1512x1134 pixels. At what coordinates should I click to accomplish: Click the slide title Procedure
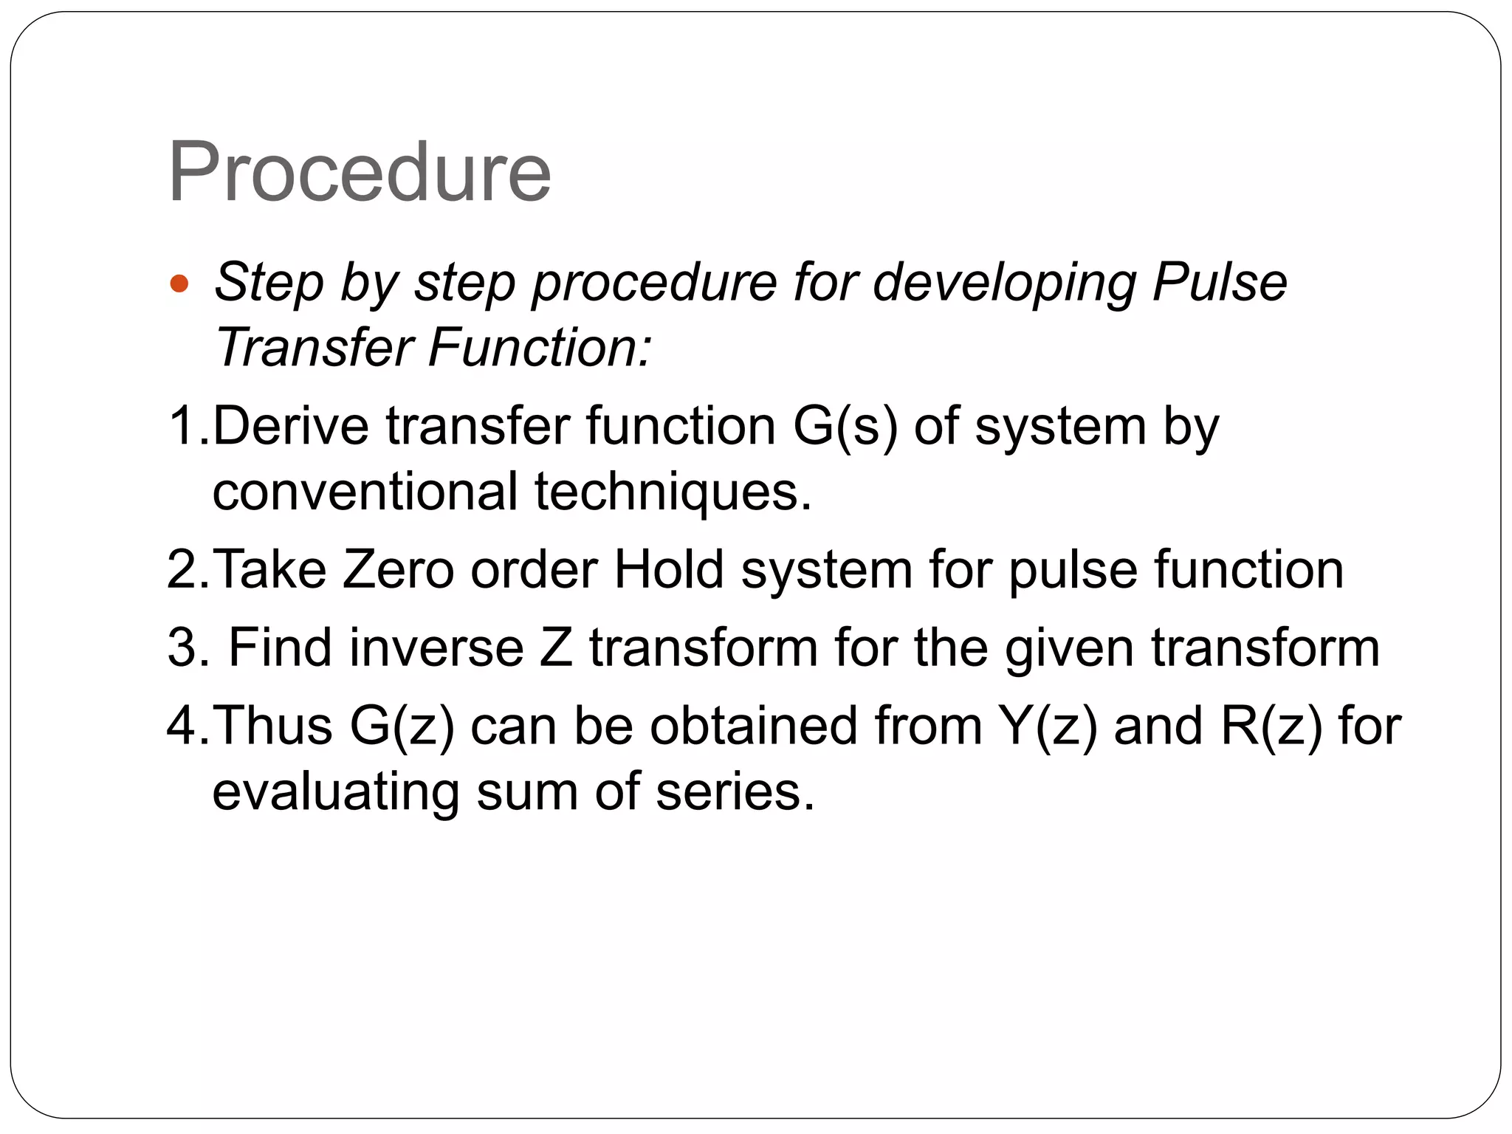(x=360, y=173)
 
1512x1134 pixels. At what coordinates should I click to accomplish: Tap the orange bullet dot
(x=179, y=283)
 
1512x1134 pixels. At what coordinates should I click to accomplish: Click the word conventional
(x=365, y=491)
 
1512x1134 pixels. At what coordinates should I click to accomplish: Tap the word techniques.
(x=673, y=491)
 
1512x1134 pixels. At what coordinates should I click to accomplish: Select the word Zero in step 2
(x=398, y=569)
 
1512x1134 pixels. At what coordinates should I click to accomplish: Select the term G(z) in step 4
(x=402, y=726)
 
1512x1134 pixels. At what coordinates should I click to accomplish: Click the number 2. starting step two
(x=188, y=569)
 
